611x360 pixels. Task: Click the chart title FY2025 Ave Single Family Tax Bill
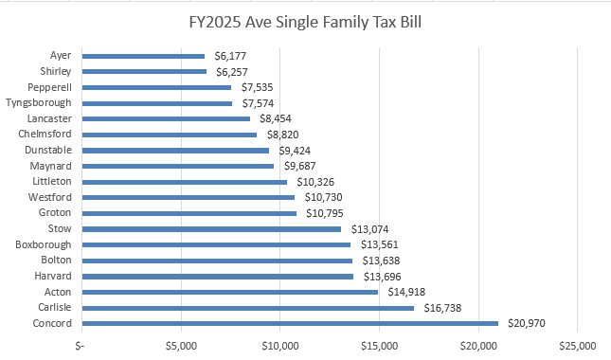tap(305, 20)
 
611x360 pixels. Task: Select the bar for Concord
tap(290, 323)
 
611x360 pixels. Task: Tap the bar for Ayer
tap(143, 56)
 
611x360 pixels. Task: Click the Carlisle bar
tap(248, 308)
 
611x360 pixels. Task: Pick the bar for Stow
tap(211, 228)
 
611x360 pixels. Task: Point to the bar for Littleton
tap(185, 181)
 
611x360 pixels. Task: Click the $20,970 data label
tap(527, 323)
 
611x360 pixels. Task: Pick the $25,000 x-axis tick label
tap(577, 344)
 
